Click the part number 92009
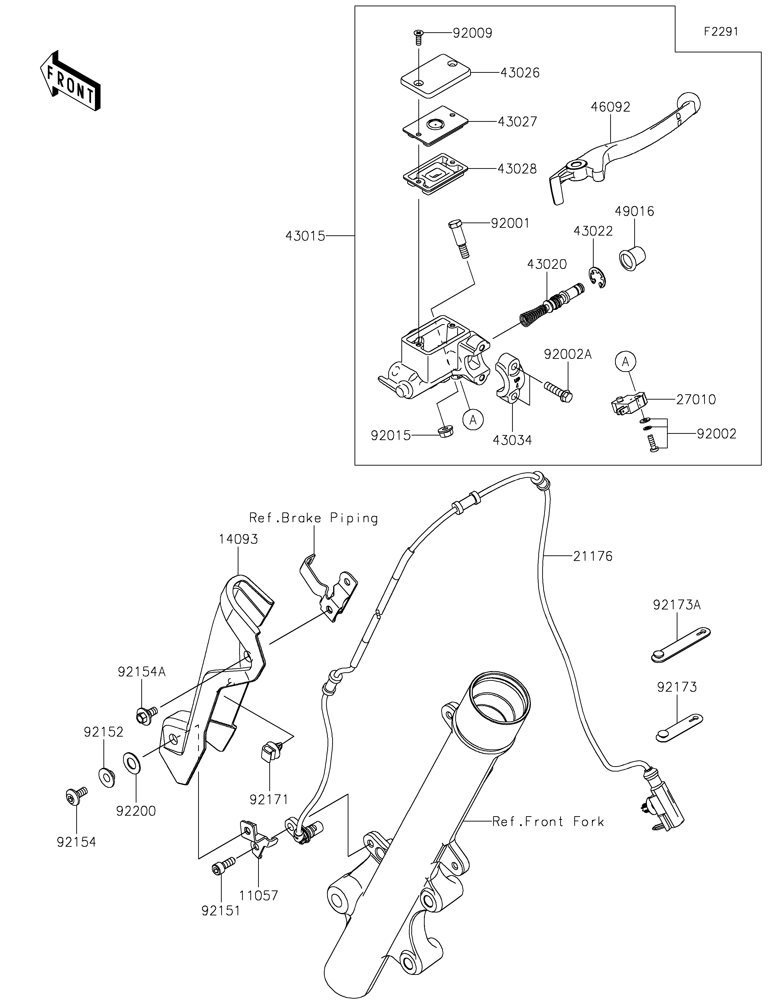pos(472,33)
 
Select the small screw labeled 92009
pos(418,37)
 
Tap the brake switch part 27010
pos(628,402)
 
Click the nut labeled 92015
pos(444,431)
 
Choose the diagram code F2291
pos(721,32)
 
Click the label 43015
pos(305,236)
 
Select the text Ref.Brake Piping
pos(314,518)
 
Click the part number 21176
pos(593,556)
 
